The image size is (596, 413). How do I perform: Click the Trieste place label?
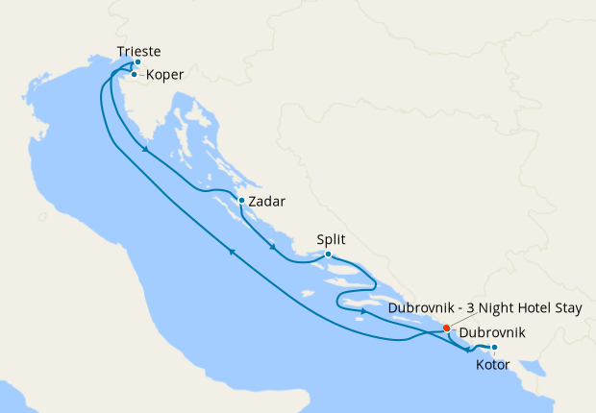click(x=138, y=51)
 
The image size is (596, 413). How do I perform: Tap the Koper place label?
click(x=165, y=74)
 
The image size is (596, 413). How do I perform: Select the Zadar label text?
click(x=266, y=202)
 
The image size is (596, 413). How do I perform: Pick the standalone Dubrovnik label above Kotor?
click(x=493, y=333)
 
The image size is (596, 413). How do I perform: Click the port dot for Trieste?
click(x=137, y=62)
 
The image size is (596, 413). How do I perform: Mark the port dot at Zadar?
click(x=240, y=201)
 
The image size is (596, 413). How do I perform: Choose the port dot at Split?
click(x=328, y=255)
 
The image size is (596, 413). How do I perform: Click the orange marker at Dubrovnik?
click(x=446, y=328)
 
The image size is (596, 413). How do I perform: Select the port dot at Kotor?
click(x=494, y=348)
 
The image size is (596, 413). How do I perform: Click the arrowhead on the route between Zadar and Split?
click(x=274, y=248)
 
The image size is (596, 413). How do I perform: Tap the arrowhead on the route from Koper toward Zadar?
click(x=144, y=150)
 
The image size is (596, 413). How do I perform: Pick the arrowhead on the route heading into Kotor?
click(x=468, y=349)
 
